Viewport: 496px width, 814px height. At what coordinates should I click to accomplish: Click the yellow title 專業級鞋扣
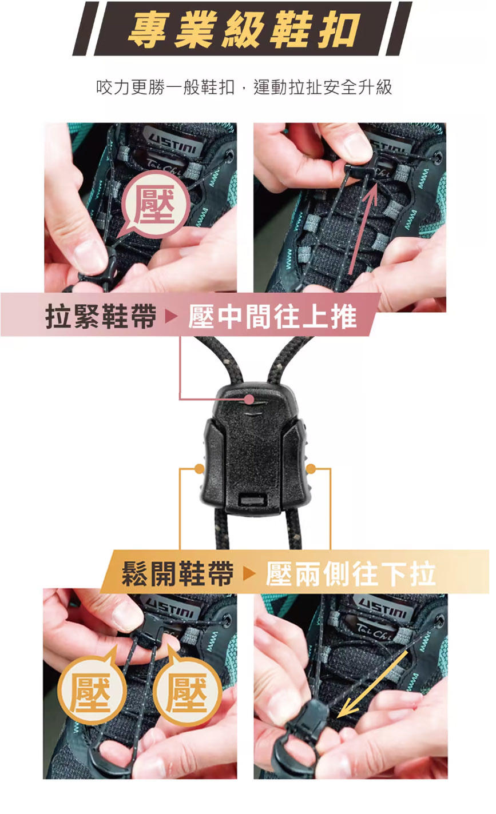point(244,30)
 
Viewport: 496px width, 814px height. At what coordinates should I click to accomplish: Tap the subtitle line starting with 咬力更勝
point(244,87)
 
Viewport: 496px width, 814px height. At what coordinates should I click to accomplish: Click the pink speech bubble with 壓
point(154,205)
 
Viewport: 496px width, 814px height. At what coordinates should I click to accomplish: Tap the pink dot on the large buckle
point(249,400)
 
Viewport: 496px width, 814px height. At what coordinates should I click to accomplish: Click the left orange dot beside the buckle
point(199,469)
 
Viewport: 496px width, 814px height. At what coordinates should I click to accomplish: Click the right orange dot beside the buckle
point(311,469)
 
